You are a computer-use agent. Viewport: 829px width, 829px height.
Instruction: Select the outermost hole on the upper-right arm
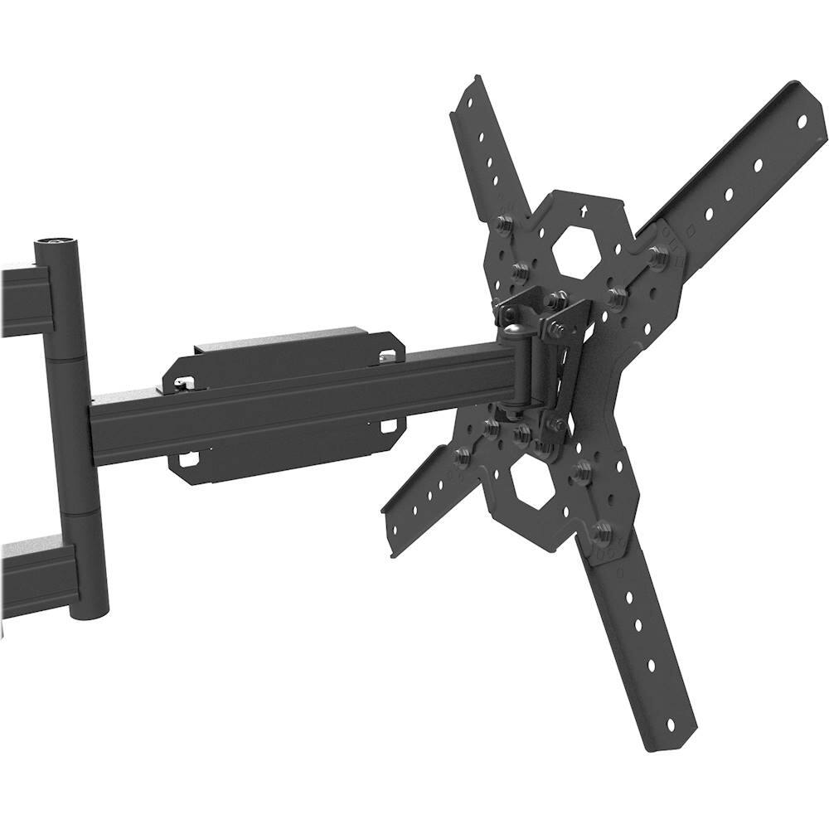(802, 121)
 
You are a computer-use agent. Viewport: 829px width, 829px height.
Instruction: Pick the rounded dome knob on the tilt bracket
(513, 333)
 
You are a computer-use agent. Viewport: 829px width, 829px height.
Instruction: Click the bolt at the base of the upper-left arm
(502, 225)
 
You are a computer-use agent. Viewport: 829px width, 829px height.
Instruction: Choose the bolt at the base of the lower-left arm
(463, 454)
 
